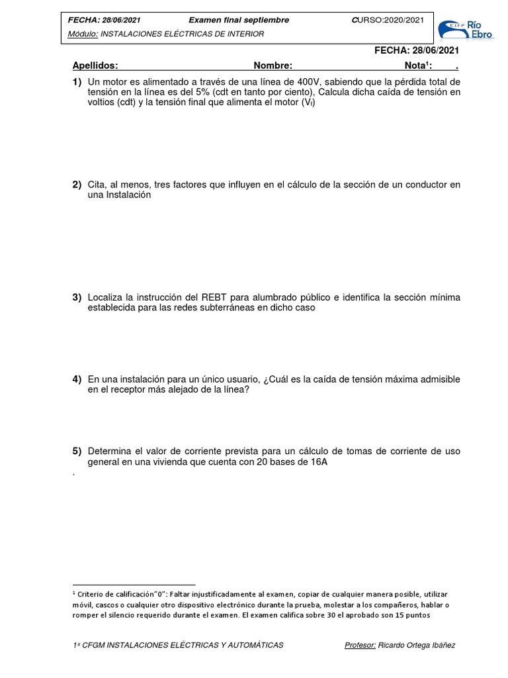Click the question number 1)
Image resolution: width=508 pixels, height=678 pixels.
(x=77, y=81)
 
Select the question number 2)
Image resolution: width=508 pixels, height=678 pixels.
(x=77, y=185)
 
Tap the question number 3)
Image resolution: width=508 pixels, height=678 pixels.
(x=77, y=297)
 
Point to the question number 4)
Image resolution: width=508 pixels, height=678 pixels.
(x=77, y=379)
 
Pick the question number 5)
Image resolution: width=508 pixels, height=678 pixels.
(x=77, y=452)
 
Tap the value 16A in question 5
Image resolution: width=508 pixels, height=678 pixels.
(x=316, y=462)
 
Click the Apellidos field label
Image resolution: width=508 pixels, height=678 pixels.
(x=95, y=66)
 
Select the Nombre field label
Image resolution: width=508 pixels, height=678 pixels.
(x=273, y=66)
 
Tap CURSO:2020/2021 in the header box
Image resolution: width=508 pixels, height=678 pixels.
(x=388, y=20)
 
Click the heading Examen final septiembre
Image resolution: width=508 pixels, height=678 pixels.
(x=239, y=20)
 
